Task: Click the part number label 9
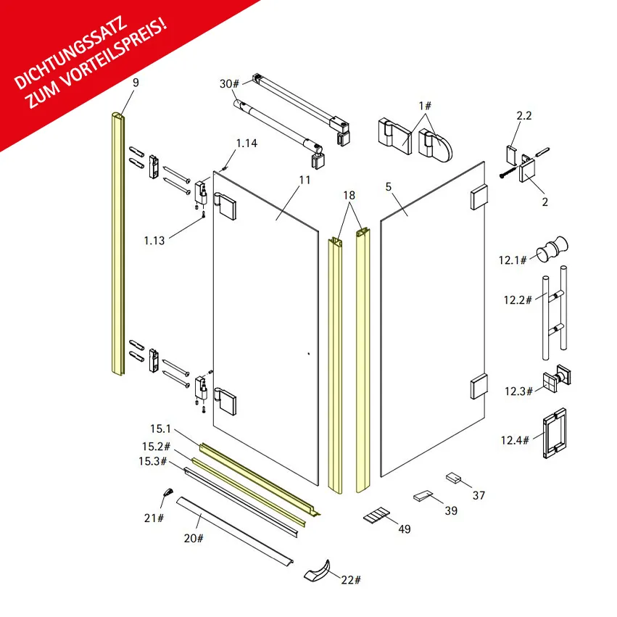(x=136, y=83)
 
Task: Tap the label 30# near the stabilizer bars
(x=229, y=84)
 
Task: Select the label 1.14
(x=247, y=144)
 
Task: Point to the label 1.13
(x=154, y=241)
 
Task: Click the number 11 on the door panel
(x=305, y=181)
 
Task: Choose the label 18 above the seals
(x=349, y=195)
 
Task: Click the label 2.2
(x=524, y=116)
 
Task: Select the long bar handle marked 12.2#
(x=555, y=312)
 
